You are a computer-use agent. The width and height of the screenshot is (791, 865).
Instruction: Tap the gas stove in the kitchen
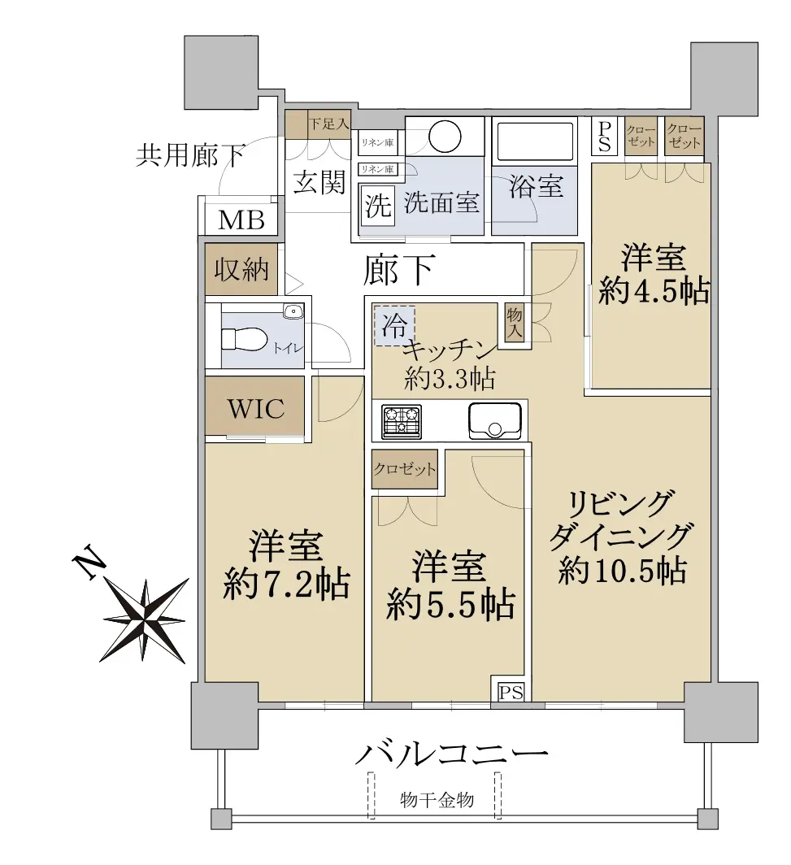[x=402, y=421]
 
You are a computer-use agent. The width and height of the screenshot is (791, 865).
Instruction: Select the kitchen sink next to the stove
[x=495, y=421]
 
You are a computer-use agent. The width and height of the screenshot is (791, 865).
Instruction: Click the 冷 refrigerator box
[x=394, y=325]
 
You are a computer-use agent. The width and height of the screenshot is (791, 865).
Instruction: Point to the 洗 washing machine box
[x=378, y=206]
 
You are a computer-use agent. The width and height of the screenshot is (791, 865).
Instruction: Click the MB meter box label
[x=241, y=220]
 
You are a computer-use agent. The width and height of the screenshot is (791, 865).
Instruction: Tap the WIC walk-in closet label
[x=256, y=409]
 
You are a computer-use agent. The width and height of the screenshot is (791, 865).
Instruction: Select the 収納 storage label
[x=241, y=270]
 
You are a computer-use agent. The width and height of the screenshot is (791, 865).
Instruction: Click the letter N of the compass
[x=89, y=563]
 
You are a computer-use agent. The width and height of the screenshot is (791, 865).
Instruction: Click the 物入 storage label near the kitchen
[x=515, y=322]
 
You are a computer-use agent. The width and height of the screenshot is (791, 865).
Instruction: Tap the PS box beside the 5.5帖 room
[x=511, y=692]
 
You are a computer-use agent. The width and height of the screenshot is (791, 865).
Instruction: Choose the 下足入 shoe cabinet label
[x=328, y=123]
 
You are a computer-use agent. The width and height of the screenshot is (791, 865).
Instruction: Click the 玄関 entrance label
[x=319, y=182]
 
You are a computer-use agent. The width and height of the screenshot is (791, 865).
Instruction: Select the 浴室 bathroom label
[x=536, y=186]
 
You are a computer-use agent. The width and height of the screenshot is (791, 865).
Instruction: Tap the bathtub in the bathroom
[x=534, y=141]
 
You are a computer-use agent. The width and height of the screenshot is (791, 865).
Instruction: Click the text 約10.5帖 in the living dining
[x=622, y=571]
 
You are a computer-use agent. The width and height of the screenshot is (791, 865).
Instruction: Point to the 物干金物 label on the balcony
[x=437, y=799]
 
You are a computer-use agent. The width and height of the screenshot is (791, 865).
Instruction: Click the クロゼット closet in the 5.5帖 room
[x=405, y=469]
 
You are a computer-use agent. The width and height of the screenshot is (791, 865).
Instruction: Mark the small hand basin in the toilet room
[x=293, y=311]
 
